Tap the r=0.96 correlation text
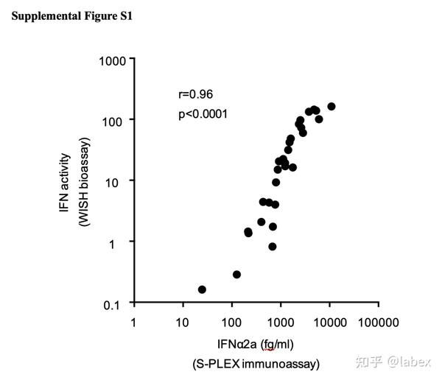click(196, 94)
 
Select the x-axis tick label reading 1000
click(280, 322)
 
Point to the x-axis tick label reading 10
click(182, 322)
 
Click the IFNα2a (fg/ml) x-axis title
click(256, 343)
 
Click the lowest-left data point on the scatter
click(202, 289)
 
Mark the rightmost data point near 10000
click(331, 107)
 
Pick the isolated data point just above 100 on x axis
click(236, 274)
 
